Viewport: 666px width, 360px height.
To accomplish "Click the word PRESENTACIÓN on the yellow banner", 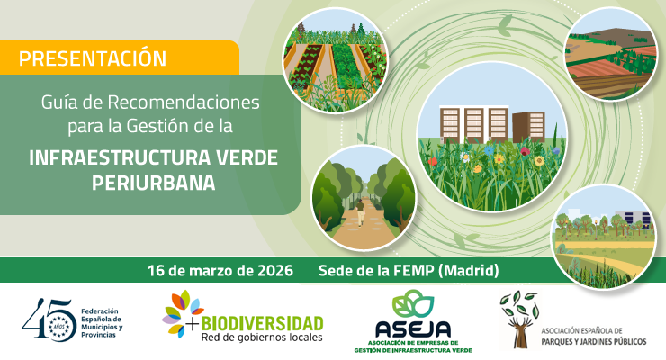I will tap(92, 58).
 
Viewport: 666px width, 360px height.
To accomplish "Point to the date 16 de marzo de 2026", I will tap(221, 270).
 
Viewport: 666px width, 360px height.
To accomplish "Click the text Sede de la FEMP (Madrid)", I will tap(409, 270).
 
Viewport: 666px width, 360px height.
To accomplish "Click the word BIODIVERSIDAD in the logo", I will tap(262, 322).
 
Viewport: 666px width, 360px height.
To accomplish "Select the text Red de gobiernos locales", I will tap(261, 337).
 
